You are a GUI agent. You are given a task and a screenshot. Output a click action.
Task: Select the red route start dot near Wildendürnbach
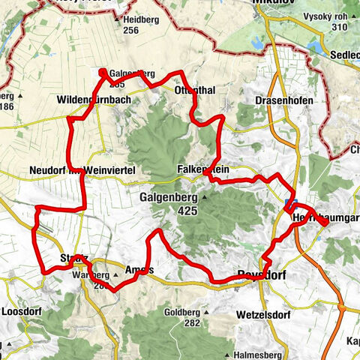[102, 72]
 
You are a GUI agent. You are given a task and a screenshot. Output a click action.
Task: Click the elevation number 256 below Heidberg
[132, 31]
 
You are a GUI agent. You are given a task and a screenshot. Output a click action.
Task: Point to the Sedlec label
[344, 43]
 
